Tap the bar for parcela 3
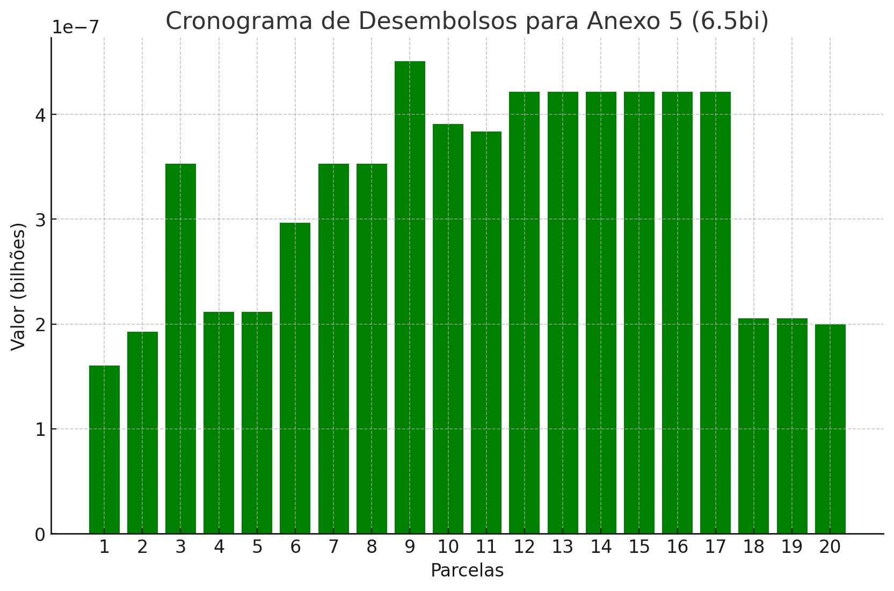(x=180, y=349)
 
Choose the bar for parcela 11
(x=486, y=333)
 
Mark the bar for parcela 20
(x=830, y=429)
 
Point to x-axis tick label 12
(x=524, y=548)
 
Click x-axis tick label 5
(x=257, y=548)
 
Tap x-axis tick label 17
(x=715, y=548)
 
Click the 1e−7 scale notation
(x=75, y=27)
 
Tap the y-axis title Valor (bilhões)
(x=18, y=286)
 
